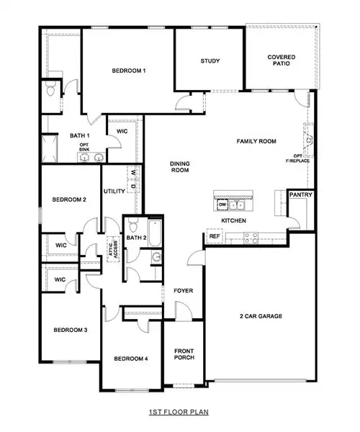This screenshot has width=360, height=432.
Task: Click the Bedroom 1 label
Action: (129, 71)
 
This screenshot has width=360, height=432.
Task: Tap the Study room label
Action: (210, 61)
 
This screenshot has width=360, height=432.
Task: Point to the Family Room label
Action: (257, 142)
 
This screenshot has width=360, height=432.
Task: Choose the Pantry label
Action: (299, 194)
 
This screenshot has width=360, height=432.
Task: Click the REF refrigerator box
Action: (214, 235)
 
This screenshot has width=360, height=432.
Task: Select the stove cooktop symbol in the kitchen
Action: (252, 235)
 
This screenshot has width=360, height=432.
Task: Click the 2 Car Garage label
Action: (260, 316)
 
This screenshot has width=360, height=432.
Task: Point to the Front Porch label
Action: (184, 356)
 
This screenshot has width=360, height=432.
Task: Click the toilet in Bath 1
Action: (49, 90)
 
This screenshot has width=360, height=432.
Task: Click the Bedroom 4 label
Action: (130, 359)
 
